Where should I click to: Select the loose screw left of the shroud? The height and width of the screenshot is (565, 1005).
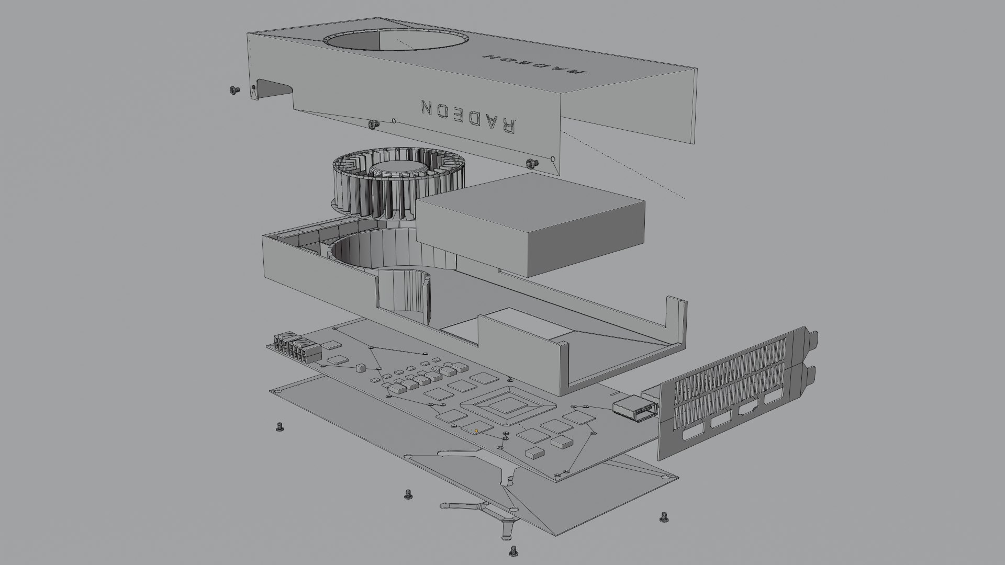[x=233, y=91]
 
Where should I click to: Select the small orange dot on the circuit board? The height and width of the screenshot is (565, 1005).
[x=476, y=431]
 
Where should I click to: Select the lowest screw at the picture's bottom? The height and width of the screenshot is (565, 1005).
[x=513, y=550]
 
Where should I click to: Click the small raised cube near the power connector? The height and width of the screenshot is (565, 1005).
[x=360, y=368]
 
